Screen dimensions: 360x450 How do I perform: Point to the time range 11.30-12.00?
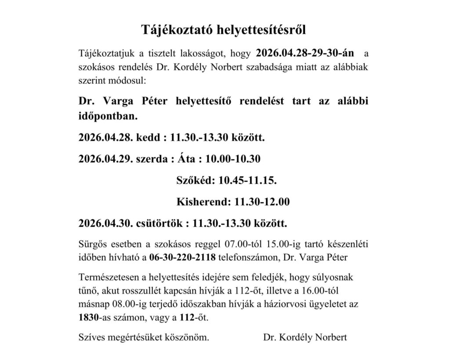tap(262, 202)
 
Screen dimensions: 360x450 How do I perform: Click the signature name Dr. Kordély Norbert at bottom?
tap(305, 338)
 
